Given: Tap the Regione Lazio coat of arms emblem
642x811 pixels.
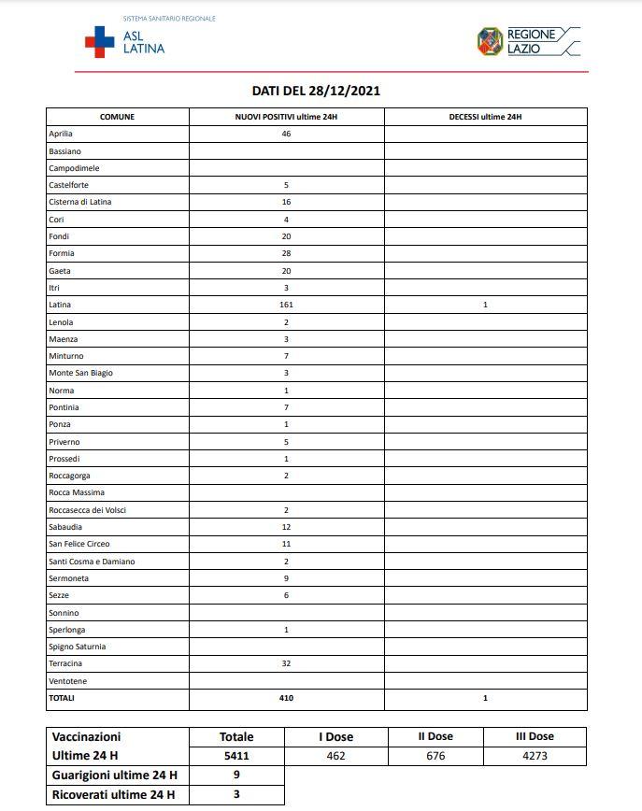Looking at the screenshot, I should [x=490, y=41].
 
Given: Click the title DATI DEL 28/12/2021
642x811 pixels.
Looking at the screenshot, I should [x=316, y=91].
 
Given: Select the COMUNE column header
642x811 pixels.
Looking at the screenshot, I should [x=117, y=117].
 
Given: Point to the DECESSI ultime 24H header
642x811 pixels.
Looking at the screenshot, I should [x=485, y=117].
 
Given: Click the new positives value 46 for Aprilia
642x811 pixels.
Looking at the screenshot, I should [x=286, y=134].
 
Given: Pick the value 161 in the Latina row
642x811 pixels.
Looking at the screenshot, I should [x=286, y=305].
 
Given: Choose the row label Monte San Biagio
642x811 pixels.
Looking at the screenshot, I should [x=80, y=373].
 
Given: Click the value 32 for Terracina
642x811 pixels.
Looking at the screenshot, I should [x=286, y=663].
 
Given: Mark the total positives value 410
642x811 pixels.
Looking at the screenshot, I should [x=286, y=698].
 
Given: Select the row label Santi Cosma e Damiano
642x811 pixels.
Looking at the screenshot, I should [x=92, y=562].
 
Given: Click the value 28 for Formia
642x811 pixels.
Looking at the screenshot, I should [x=286, y=253].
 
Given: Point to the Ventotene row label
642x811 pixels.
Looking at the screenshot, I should [x=67, y=681].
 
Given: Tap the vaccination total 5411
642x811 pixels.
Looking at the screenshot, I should [x=236, y=757].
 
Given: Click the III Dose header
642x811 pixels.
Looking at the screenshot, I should [x=535, y=737].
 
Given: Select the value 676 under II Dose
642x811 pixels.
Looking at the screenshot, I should [x=435, y=757].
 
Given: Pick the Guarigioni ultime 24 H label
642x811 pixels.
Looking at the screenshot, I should [x=115, y=775].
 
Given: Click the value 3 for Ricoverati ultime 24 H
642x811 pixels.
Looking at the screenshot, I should [x=236, y=795].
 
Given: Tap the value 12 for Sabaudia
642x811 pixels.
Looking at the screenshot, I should [x=286, y=527].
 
